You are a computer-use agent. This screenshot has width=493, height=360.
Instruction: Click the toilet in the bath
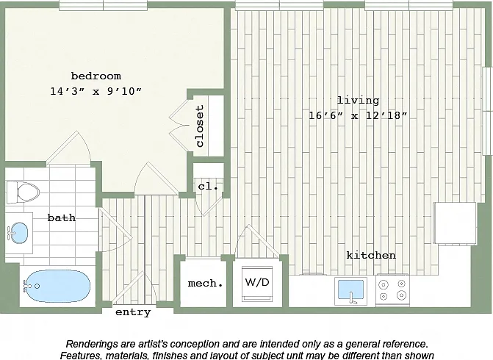pos(23,192)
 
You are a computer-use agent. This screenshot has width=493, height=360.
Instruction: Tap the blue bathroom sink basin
pos(18,233)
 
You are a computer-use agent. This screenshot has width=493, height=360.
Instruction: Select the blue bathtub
pos(57,286)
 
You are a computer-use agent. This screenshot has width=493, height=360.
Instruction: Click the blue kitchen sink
pos(350,289)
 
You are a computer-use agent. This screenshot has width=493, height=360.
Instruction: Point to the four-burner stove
pos(392,289)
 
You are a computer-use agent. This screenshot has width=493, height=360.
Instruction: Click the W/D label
pos(257,282)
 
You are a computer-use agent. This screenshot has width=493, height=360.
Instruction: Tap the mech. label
pos(205,284)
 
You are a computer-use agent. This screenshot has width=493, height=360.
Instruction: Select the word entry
pos(133,312)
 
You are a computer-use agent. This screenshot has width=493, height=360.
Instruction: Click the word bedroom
pos(96,76)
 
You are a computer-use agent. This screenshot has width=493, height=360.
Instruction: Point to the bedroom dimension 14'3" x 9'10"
pos(96,92)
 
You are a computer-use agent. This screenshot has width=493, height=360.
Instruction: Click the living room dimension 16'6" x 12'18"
pos(358,115)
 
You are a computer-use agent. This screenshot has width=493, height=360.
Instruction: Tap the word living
pos(358,101)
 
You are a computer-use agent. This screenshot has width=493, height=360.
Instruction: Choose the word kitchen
pos(371,255)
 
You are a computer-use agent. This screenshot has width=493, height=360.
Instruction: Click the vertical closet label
pos(200,126)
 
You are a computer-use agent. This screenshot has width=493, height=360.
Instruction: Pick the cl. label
pos(208,187)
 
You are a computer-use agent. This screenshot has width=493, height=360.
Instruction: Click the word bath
pos(62,217)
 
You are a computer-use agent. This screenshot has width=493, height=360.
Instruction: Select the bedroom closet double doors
pos(179,126)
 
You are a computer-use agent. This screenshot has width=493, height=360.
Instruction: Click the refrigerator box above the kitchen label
pos(455,223)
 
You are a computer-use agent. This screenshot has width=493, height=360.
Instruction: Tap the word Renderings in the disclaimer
pos(89,344)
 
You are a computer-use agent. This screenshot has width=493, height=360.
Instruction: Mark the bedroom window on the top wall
pos(103,5)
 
